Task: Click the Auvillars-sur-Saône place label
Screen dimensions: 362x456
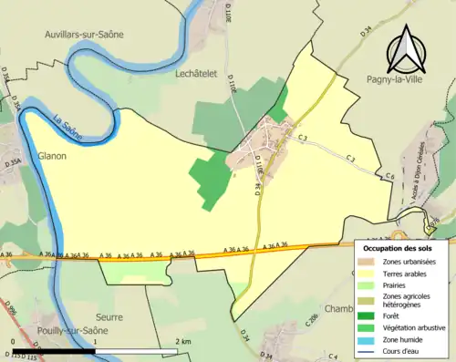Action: pyautogui.click(x=85, y=34)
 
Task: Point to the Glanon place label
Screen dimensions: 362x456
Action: pyautogui.click(x=53, y=156)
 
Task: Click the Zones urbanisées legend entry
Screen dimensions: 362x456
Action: pyautogui.click(x=408, y=262)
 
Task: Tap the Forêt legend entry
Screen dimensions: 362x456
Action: pyautogui.click(x=392, y=315)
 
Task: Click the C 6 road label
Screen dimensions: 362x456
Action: pyautogui.click(x=389, y=176)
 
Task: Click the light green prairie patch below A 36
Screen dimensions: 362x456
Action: pyautogui.click(x=134, y=270)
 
